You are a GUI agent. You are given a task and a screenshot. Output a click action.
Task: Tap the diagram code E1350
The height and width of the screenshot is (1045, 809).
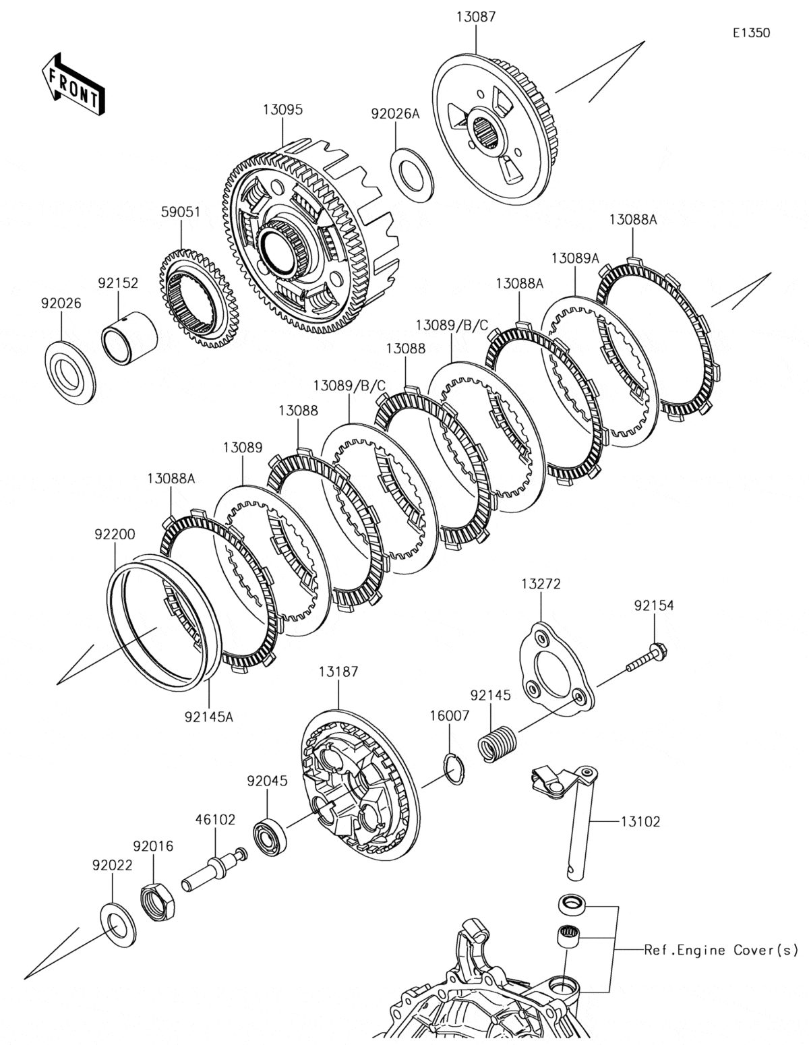click(x=752, y=32)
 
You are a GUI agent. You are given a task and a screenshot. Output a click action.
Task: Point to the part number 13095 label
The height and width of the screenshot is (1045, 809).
click(x=282, y=109)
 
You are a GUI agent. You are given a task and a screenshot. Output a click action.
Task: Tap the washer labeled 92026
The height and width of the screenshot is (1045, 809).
click(x=69, y=373)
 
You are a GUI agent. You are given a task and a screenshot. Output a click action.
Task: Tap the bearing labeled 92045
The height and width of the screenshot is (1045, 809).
click(x=270, y=829)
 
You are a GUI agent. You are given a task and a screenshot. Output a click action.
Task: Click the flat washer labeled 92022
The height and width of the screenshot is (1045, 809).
click(x=117, y=923)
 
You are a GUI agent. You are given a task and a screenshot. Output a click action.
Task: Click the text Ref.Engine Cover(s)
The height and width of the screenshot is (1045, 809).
click(x=721, y=950)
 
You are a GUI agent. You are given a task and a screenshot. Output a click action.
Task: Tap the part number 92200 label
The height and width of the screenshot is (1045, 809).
click(x=115, y=535)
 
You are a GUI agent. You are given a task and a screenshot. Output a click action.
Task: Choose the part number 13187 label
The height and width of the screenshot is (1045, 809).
click(x=338, y=671)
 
